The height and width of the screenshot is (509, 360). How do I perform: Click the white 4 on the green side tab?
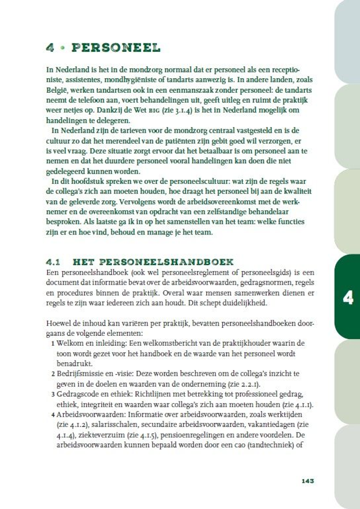click(x=348, y=297)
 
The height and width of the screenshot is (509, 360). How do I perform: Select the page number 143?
click(x=307, y=481)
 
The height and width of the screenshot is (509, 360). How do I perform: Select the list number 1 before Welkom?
click(x=53, y=343)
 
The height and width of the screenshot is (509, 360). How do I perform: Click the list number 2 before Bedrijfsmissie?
click(x=53, y=374)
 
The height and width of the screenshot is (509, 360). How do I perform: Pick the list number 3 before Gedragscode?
click(x=53, y=394)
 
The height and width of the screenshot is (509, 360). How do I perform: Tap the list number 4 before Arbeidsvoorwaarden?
click(x=53, y=415)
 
